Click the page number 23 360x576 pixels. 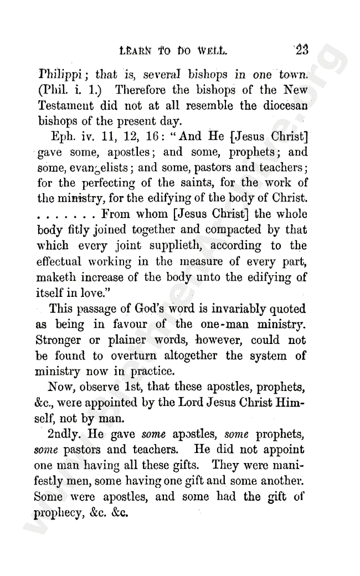[302, 50]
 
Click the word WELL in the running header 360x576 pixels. [209, 52]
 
